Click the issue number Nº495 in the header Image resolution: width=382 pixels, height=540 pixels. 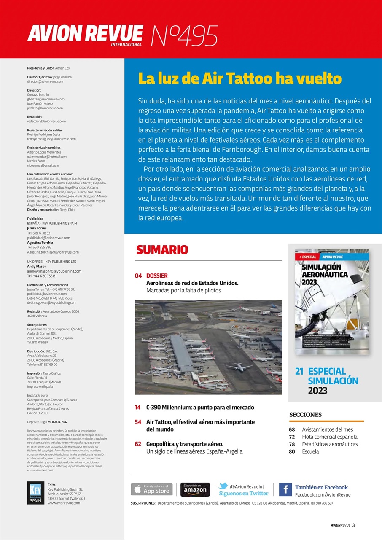point(184,36)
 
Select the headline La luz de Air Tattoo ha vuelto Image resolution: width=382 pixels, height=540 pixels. point(240,79)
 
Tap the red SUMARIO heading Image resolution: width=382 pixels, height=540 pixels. point(162,249)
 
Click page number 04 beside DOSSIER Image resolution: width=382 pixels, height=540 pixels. point(138,276)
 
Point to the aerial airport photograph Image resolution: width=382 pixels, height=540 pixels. point(208,347)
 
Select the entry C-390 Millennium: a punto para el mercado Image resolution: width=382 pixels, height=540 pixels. point(200,408)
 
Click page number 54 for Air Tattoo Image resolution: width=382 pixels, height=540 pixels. point(138,422)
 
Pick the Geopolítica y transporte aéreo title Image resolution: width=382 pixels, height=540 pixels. point(185,444)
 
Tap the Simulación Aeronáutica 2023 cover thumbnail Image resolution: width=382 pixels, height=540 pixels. point(332,302)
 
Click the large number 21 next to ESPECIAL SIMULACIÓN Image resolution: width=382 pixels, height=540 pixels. point(299,372)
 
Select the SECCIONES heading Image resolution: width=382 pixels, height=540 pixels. point(305,415)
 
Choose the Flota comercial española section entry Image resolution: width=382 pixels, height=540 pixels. point(329,437)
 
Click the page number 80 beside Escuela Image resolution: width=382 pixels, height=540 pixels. point(292,451)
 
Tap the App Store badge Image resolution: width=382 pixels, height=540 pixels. point(152,489)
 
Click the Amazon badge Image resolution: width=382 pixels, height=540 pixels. point(195,489)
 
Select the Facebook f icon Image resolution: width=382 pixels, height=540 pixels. point(285,489)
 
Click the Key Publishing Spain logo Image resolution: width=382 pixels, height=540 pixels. point(35,493)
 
